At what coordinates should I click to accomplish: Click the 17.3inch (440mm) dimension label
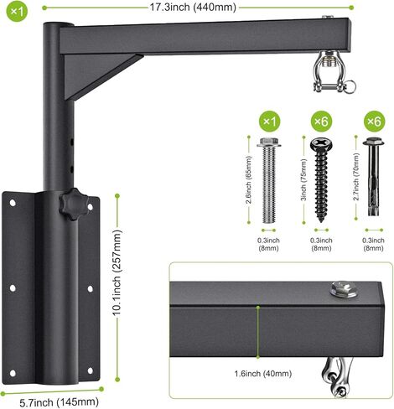point(193,8)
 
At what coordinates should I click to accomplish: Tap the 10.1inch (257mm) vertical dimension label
point(117,273)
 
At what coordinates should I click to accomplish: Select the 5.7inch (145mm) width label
point(59,402)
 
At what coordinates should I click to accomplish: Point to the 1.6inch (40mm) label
point(263,373)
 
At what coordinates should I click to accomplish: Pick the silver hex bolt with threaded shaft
point(269,180)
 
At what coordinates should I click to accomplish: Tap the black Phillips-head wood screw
point(321,179)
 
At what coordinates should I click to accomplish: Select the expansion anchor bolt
point(374,177)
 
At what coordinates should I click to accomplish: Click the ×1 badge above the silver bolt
point(269,122)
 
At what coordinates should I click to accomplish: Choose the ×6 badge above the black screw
point(321,122)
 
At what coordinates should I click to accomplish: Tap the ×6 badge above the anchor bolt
point(375,122)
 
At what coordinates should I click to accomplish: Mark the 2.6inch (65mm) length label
point(249,180)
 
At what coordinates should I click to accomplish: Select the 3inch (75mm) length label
point(304,180)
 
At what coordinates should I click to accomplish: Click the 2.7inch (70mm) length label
point(356,177)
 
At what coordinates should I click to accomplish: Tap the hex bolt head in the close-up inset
point(343,289)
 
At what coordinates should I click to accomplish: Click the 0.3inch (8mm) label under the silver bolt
point(268,244)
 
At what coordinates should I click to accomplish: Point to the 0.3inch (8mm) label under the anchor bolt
point(373,244)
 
